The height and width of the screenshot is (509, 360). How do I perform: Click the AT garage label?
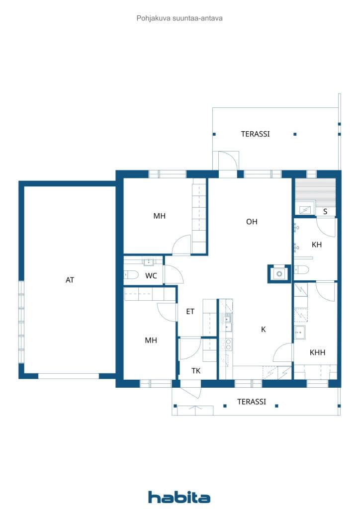coord(70,280)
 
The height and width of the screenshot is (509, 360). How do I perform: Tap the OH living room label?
coord(252,222)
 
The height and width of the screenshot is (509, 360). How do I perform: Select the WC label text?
coord(151,276)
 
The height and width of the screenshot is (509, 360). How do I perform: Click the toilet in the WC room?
coord(131,274)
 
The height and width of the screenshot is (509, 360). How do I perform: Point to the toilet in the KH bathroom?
coord(302,269)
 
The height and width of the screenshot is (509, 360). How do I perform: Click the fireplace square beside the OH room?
coord(279,273)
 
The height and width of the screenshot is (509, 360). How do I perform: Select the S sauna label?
coord(325,212)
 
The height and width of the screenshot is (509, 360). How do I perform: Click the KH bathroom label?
coord(317,245)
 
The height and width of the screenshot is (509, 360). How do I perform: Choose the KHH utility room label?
coord(317,352)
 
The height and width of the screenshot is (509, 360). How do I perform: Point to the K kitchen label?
coord(264,329)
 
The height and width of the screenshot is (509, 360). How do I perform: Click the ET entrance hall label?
coord(190,312)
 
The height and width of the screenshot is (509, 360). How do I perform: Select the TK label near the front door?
coord(196,370)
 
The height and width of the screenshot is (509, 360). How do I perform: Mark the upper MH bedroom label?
coord(159,216)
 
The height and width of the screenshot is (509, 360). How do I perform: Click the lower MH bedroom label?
coord(151,340)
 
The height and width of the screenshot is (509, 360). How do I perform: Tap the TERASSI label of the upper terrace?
coord(255,134)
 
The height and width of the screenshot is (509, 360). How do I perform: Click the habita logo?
coord(179,497)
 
